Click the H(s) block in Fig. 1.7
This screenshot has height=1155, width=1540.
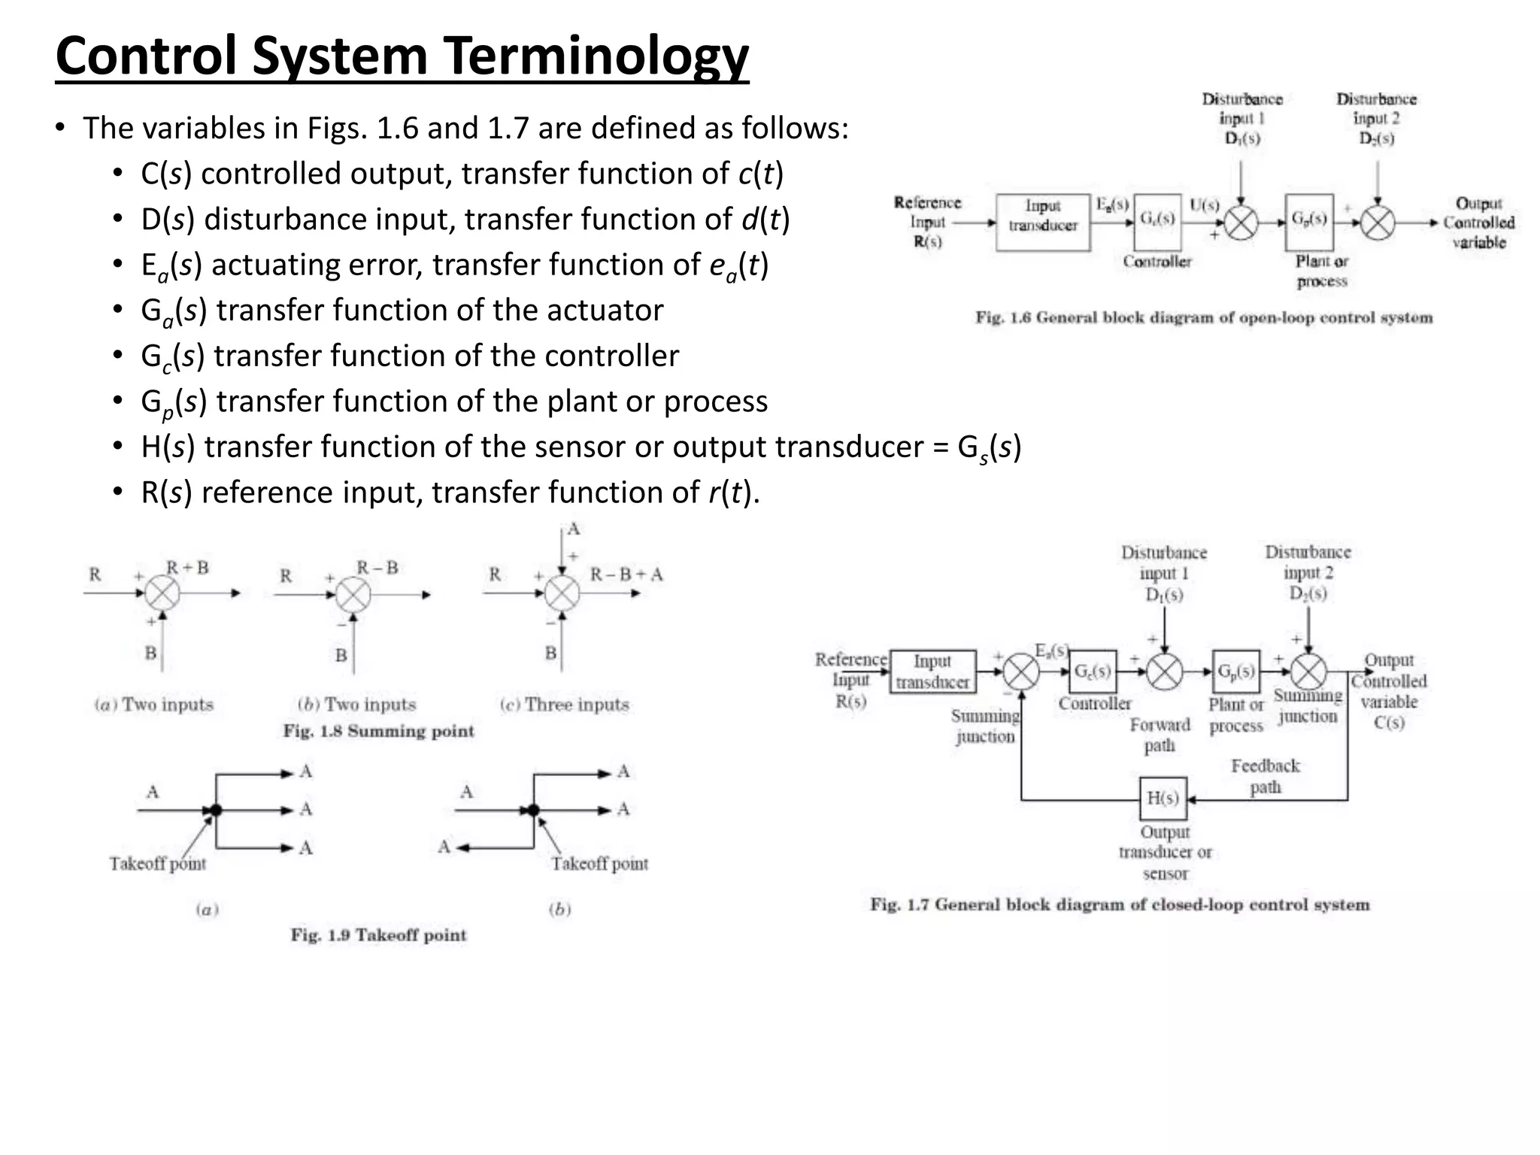coord(1163,799)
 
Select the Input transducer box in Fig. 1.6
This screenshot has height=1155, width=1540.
coord(1043,222)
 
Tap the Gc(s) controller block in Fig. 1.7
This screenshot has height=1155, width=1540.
coord(1093,671)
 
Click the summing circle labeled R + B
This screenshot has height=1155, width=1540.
coord(162,594)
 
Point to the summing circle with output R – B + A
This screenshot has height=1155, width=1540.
coord(562,594)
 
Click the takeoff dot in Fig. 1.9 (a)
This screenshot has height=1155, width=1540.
coord(216,810)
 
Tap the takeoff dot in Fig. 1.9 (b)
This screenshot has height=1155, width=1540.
coord(533,810)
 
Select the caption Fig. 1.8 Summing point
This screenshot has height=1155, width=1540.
coord(378,731)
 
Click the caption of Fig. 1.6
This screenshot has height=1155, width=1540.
coord(1204,317)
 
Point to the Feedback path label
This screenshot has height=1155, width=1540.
coord(1265,776)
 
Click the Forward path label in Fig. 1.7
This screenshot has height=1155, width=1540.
coord(1160,735)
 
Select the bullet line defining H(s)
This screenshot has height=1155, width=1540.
coord(580,447)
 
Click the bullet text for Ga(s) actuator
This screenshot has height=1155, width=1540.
coord(402,311)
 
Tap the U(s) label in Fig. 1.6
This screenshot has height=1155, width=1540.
coord(1204,205)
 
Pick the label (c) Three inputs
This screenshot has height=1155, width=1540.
coord(565,705)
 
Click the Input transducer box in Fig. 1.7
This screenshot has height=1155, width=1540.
coord(932,671)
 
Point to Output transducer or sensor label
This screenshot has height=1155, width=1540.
coord(1165,853)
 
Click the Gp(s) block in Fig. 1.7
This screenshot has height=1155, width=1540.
coord(1236,671)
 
